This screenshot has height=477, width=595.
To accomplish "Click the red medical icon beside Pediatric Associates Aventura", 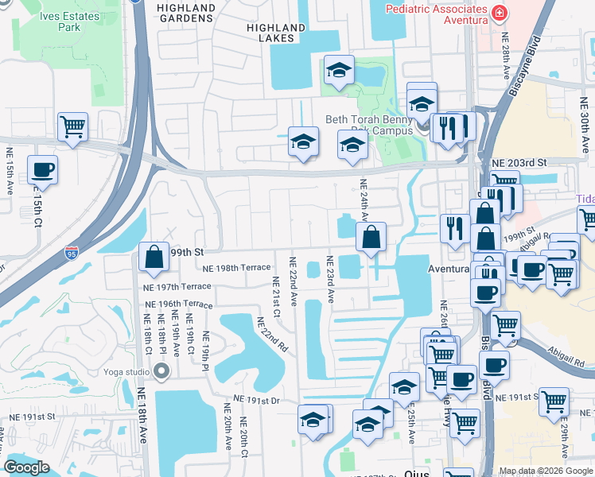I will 499,13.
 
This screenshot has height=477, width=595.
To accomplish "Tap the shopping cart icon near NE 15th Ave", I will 72,126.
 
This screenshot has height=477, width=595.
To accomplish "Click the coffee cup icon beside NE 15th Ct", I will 43,169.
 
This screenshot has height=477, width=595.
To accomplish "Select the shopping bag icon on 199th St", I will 154,256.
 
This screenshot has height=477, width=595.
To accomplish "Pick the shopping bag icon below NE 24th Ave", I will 371,236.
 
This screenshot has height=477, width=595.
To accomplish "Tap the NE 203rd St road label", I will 519,162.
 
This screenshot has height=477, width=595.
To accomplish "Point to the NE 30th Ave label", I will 585,126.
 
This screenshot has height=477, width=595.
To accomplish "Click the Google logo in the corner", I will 26,467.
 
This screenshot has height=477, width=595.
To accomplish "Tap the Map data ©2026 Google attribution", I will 545,471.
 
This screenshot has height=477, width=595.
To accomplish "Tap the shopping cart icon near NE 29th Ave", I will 554,401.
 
